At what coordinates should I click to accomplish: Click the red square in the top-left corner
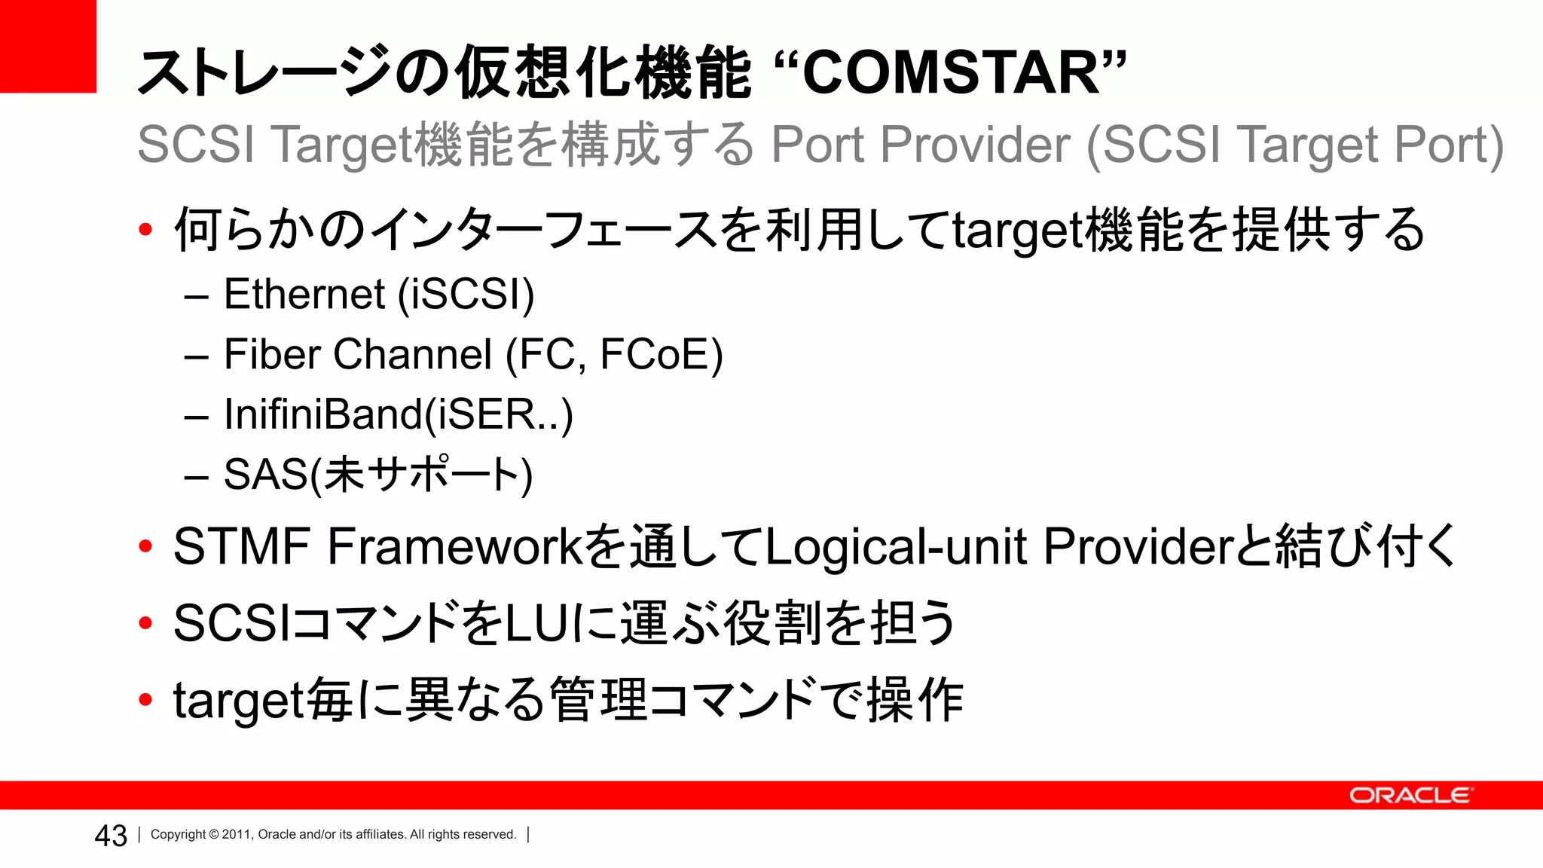point(47,45)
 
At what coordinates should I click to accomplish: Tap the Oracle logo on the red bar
point(1410,796)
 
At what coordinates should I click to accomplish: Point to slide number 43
point(111,836)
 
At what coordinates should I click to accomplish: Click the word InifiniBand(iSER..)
point(399,414)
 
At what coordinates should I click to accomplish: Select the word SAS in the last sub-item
point(266,475)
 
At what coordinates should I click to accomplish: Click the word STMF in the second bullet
point(242,546)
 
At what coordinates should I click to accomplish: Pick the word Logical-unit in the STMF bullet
point(896,546)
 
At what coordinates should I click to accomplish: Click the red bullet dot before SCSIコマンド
point(146,623)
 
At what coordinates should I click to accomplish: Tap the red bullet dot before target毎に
point(146,700)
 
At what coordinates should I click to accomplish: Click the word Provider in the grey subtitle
point(975,144)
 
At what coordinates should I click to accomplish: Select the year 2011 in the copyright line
point(236,834)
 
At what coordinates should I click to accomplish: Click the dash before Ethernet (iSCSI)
point(196,297)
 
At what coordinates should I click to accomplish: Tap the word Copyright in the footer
point(179,834)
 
